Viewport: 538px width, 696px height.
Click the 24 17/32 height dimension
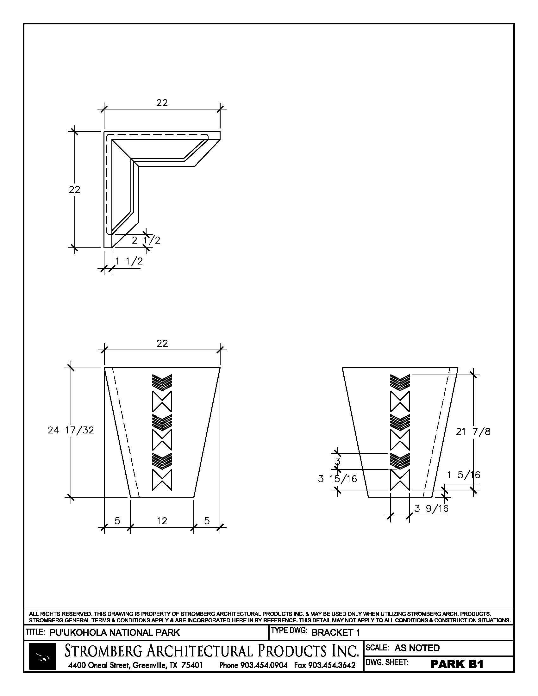pyautogui.click(x=71, y=430)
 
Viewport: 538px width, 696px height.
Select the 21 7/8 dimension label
pyautogui.click(x=473, y=432)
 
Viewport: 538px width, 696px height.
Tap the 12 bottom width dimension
pyautogui.click(x=162, y=521)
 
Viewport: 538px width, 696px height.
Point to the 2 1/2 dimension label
pyautogui.click(x=146, y=240)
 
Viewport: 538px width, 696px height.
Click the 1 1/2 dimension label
pyautogui.click(x=129, y=261)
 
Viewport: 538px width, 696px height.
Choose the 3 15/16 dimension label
pyautogui.click(x=338, y=479)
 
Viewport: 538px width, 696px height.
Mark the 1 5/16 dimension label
pyautogui.click(x=463, y=475)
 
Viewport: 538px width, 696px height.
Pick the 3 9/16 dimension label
pyautogui.click(x=432, y=508)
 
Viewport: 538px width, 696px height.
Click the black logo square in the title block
pyautogui.click(x=42, y=656)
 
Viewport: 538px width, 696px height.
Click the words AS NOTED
pyautogui.click(x=417, y=648)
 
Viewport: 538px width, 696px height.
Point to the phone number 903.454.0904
pyautogui.click(x=253, y=665)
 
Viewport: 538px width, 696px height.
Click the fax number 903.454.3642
pyautogui.click(x=324, y=665)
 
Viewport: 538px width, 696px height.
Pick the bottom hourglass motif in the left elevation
pyautogui.click(x=162, y=479)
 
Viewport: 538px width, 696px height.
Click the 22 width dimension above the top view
pyautogui.click(x=162, y=103)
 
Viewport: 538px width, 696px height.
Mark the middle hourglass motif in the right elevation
pyautogui.click(x=400, y=440)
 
